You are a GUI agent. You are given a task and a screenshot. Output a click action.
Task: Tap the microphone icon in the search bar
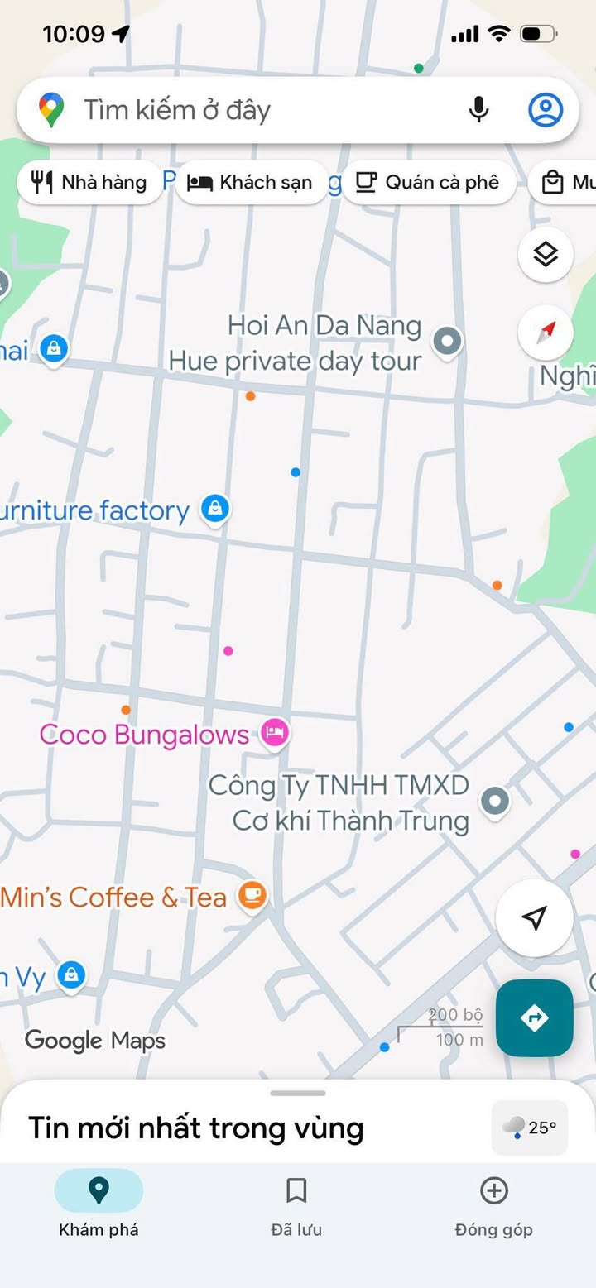point(478,110)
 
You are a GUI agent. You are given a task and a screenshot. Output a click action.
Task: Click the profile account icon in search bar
point(546,110)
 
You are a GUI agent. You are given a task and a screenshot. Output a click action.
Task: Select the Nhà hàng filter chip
point(90,182)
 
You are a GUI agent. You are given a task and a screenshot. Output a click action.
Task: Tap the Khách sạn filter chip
point(251,182)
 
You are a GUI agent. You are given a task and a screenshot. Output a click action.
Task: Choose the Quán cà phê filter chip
point(428,182)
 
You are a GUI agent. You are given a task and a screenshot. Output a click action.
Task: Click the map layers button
point(546,255)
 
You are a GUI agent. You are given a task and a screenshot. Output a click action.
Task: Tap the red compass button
point(546,333)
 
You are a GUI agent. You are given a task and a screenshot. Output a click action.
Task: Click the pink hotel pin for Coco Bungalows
point(274,731)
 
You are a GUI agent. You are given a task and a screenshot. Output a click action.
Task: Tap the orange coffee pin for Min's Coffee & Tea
point(252,895)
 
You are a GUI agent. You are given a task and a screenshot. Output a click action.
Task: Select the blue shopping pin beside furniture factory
point(215,508)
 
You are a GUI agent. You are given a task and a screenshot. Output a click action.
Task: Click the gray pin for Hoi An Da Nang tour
point(448,340)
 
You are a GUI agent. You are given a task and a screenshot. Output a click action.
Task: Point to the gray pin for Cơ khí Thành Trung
point(495,800)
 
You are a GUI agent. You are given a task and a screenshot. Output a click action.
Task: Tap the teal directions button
point(534,1017)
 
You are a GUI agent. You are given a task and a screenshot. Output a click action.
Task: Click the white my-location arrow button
point(534,917)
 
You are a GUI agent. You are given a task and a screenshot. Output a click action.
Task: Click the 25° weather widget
point(530,1127)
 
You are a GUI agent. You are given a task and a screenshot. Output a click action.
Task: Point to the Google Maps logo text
point(95,1040)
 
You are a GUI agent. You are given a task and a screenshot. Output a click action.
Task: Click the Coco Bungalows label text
point(144,734)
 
